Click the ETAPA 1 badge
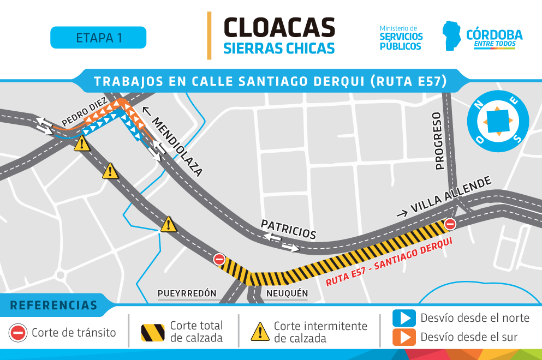point(98,38)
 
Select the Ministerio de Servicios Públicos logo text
point(401,38)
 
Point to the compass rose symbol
point(498,121)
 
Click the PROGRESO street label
point(438,141)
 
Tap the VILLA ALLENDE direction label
point(444,197)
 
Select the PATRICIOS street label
point(288,230)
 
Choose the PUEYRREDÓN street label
point(187,293)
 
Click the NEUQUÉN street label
point(287,293)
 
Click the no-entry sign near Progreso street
point(450,224)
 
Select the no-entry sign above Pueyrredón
point(219,259)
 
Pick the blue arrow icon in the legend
point(404,318)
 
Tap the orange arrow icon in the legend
point(404,337)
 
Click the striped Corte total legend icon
point(153,332)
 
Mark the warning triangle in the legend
point(260,331)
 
